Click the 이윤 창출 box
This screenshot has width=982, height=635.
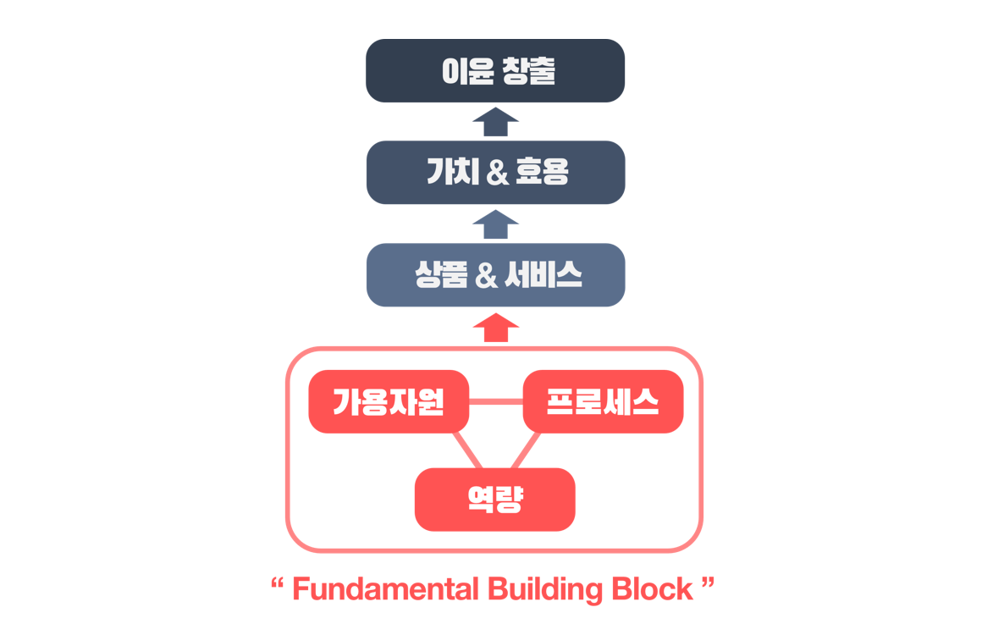click(495, 71)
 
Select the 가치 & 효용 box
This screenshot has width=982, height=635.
click(495, 173)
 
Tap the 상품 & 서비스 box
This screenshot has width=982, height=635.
click(495, 275)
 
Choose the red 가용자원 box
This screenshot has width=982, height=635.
click(389, 401)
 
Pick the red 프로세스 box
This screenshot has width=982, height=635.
click(603, 401)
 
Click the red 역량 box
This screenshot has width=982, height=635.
click(495, 500)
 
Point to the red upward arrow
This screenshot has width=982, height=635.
click(495, 327)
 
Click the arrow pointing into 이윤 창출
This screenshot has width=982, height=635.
click(495, 122)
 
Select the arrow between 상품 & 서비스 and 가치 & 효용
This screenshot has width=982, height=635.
click(495, 224)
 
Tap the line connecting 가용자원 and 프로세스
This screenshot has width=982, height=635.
click(496, 401)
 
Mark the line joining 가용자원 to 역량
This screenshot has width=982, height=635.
click(467, 450)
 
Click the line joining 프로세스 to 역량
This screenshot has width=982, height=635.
click(526, 450)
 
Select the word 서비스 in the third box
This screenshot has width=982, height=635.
click(543, 275)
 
